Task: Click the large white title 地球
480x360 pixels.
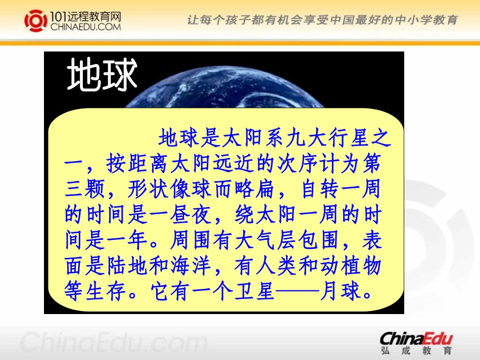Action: pyautogui.click(x=103, y=76)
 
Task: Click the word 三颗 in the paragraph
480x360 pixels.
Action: pyautogui.click(x=86, y=190)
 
